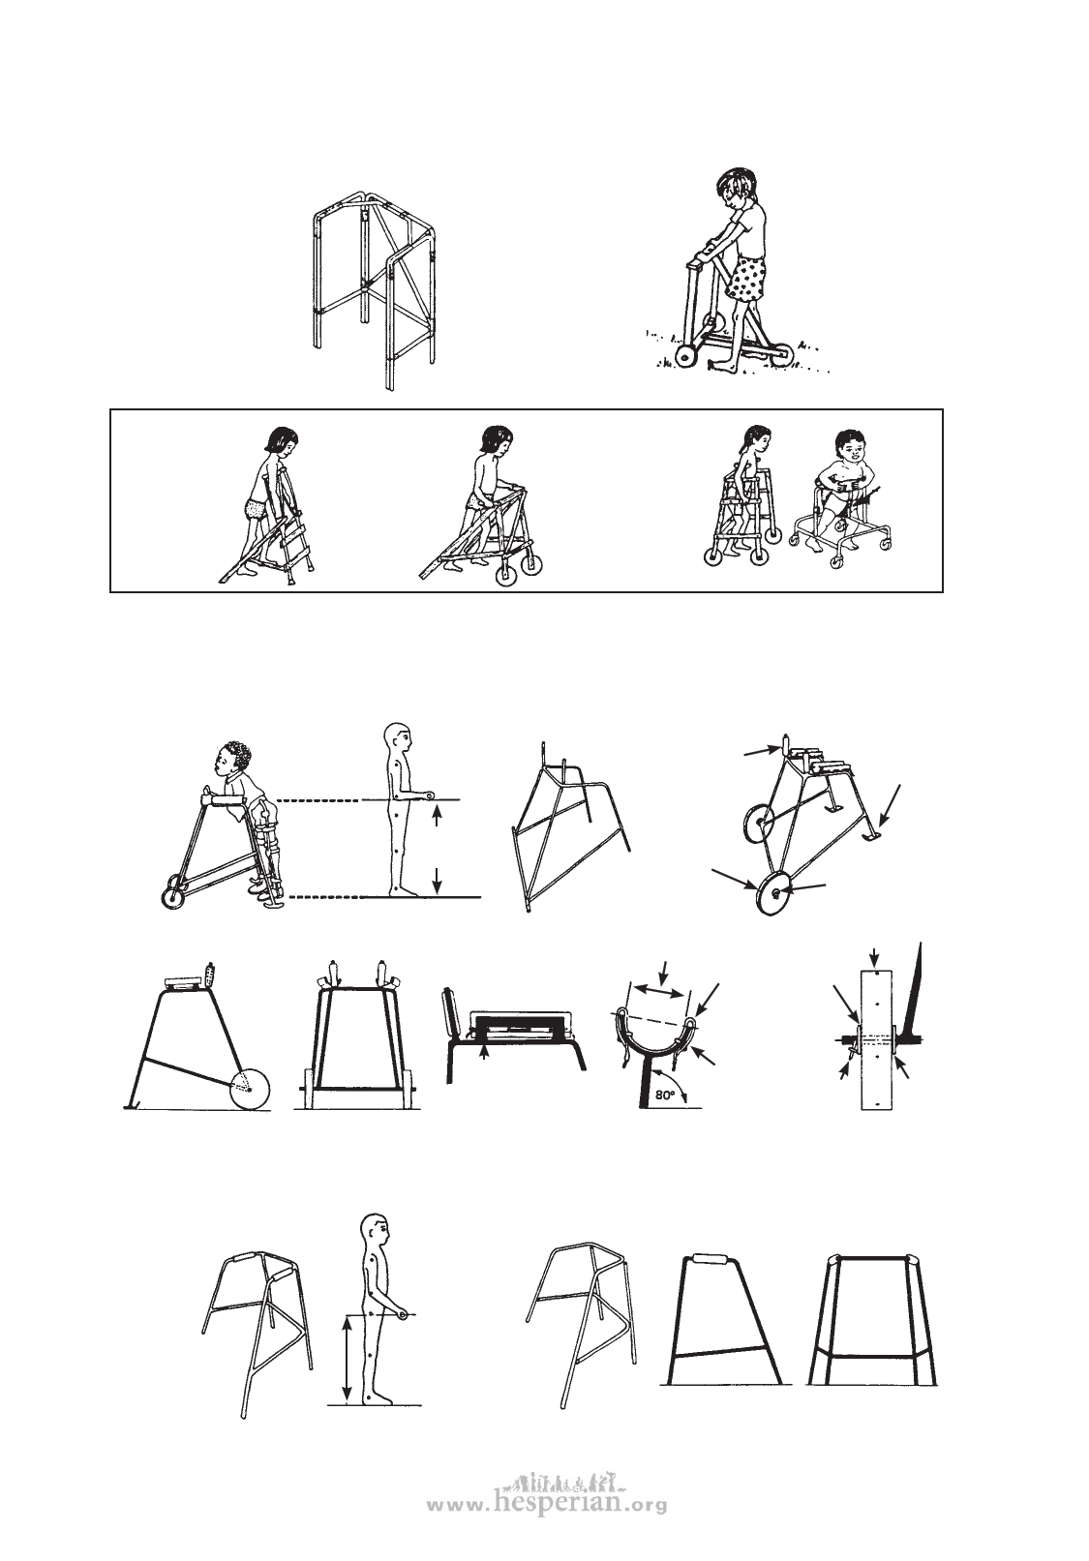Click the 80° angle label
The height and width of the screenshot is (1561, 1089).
pos(667,1096)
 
